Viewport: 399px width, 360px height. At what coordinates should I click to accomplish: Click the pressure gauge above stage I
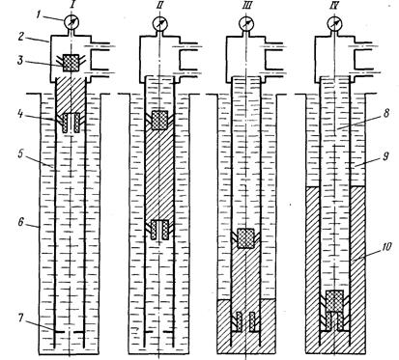click(x=71, y=22)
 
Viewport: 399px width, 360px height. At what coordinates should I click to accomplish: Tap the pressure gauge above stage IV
click(x=334, y=23)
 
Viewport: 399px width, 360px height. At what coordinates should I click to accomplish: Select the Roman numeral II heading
click(x=159, y=6)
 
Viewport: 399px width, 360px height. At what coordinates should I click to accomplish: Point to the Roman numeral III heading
click(x=247, y=6)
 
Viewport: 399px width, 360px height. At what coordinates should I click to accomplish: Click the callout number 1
click(x=39, y=15)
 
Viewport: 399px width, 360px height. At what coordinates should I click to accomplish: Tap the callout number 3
click(x=20, y=60)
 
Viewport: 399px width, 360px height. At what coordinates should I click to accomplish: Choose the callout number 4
click(x=21, y=114)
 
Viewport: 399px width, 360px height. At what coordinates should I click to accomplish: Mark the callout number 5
click(x=21, y=153)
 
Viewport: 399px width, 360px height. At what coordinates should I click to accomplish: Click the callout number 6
click(x=21, y=221)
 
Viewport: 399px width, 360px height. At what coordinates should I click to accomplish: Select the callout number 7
click(x=20, y=318)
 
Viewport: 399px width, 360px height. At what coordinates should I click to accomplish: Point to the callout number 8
click(x=386, y=113)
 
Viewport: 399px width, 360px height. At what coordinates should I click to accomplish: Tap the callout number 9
click(x=386, y=156)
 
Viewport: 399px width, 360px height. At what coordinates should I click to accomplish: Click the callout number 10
click(x=386, y=247)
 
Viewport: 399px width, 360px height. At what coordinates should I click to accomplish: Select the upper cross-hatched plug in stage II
click(x=159, y=120)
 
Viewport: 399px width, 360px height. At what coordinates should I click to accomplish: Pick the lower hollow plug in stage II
click(x=159, y=230)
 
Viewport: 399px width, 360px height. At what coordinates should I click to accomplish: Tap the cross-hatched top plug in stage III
click(x=245, y=238)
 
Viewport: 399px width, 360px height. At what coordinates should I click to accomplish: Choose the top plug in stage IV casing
click(x=334, y=301)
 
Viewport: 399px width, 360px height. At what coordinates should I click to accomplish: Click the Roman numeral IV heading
click(x=334, y=6)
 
